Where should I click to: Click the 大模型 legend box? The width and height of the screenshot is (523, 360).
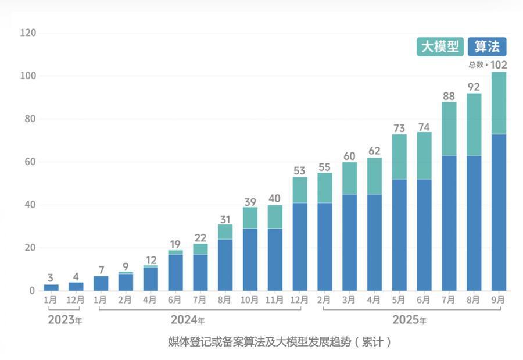tap(440, 47)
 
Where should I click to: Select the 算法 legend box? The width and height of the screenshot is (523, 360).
tap(487, 47)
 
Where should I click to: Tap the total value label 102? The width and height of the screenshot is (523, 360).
tap(499, 65)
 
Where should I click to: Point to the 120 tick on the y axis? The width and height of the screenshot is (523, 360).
tap(28, 33)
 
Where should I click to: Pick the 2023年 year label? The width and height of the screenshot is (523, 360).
tap(65, 319)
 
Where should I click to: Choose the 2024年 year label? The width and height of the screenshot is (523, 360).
tap(187, 320)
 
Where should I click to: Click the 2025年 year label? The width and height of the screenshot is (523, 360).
tap(409, 320)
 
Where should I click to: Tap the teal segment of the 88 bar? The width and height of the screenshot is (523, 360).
tap(449, 129)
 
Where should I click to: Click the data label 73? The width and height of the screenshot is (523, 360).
tap(399, 128)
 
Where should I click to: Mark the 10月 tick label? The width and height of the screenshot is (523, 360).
tap(250, 300)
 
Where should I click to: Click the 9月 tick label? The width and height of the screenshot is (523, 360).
tap(499, 300)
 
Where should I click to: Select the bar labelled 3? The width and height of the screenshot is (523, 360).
tap(51, 287)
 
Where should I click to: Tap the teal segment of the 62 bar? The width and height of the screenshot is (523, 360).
tap(374, 176)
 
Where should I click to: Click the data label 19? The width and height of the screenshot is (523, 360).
tap(175, 244)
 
